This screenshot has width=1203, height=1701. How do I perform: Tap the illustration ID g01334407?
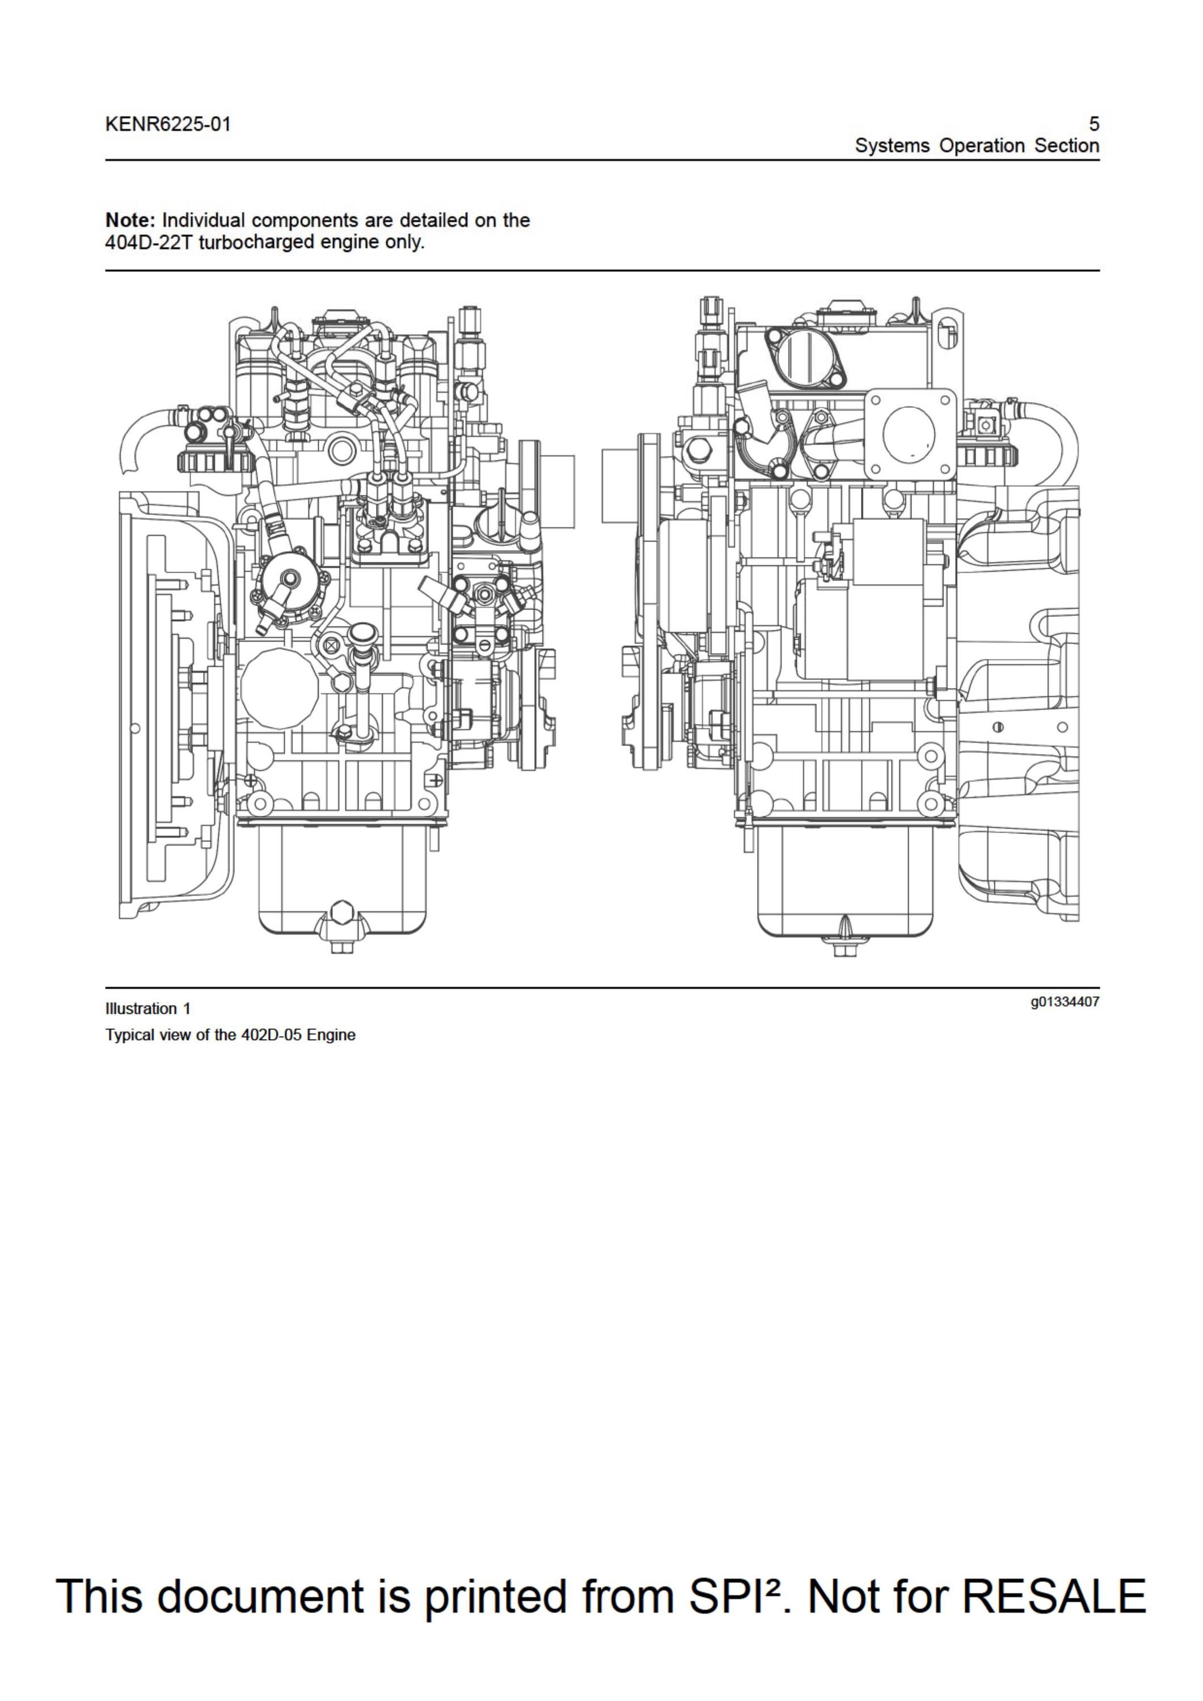click(1065, 1002)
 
